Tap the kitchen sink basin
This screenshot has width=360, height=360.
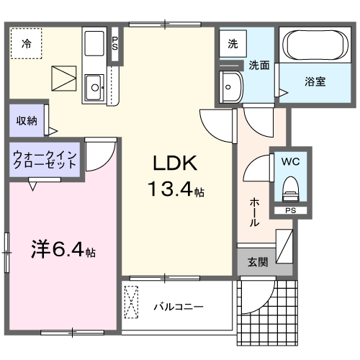(94, 89)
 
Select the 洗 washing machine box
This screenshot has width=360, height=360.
(233, 44)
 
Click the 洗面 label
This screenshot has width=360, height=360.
(259, 65)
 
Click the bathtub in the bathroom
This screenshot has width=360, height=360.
(316, 45)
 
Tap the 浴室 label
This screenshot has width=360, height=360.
(315, 81)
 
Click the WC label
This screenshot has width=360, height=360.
(291, 161)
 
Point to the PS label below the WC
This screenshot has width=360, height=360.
(290, 211)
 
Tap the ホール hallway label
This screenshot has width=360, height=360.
(255, 212)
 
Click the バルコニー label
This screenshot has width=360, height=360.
(179, 306)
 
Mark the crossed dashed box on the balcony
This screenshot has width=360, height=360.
(132, 302)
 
